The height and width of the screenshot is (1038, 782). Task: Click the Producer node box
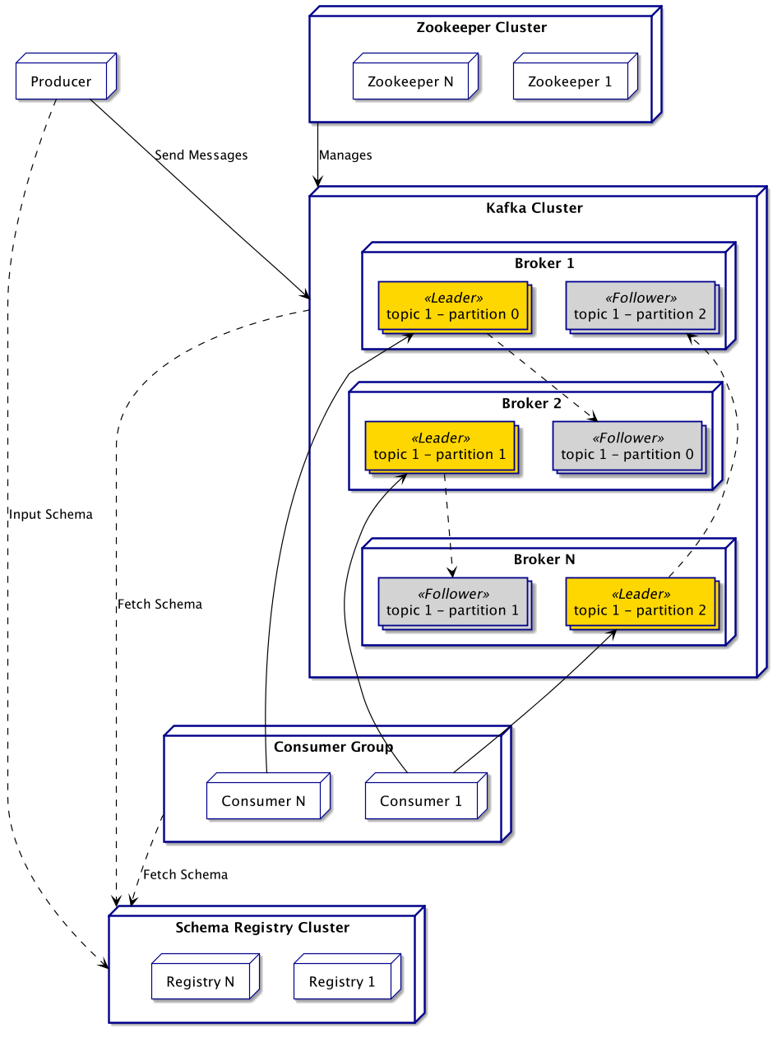click(61, 82)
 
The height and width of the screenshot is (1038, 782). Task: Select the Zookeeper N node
click(410, 82)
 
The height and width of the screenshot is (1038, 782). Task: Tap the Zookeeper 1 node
click(570, 82)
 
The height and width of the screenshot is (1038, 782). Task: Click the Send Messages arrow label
click(201, 155)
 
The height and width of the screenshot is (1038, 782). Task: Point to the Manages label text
click(345, 155)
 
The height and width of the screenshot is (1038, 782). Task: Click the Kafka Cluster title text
click(534, 208)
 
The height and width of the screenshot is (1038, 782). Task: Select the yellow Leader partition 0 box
click(452, 306)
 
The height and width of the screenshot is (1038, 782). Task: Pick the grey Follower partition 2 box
click(640, 306)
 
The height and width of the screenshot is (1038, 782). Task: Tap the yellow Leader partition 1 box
click(439, 446)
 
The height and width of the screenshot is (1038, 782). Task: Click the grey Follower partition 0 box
click(627, 446)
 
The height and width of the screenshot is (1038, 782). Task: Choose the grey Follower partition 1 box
click(452, 602)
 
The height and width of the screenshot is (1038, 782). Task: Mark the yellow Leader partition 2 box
click(640, 602)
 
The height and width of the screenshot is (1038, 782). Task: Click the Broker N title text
click(544, 559)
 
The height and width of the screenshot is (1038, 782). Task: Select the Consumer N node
click(262, 801)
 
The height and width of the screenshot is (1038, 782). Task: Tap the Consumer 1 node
click(421, 801)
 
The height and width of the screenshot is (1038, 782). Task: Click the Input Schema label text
click(51, 514)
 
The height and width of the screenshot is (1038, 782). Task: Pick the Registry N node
click(200, 981)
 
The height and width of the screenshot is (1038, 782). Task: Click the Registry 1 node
click(342, 981)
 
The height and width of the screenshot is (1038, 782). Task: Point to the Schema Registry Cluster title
click(262, 928)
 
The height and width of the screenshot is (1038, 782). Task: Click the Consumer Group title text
click(333, 747)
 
